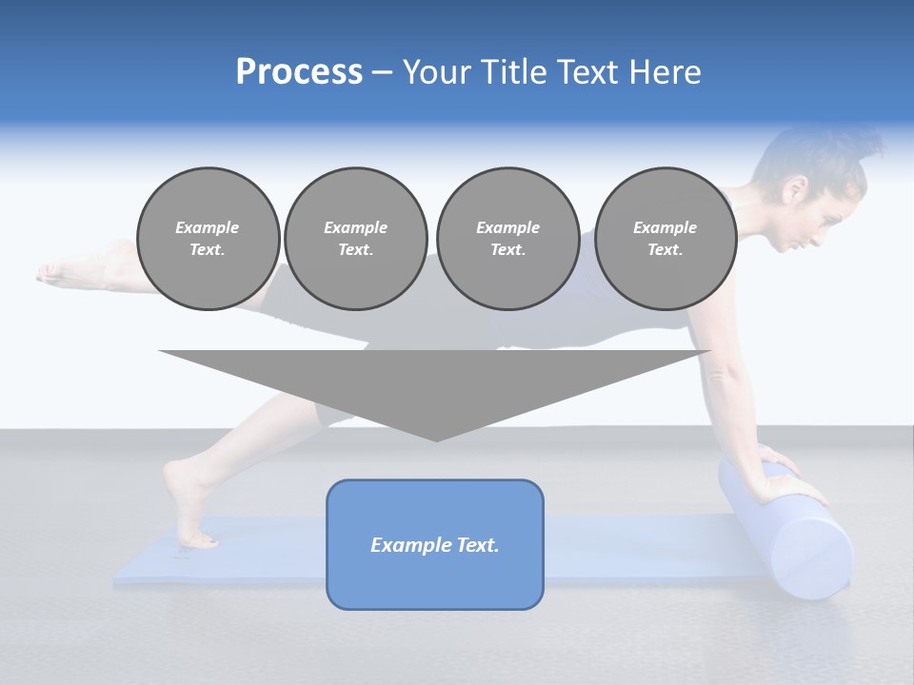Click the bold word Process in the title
299,72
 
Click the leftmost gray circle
208,238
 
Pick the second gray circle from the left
355,238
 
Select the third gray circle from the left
507,238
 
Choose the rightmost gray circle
665,238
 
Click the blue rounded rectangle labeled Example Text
435,544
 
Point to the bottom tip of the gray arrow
436,439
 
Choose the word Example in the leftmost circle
208,227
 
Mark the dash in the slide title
382,72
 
